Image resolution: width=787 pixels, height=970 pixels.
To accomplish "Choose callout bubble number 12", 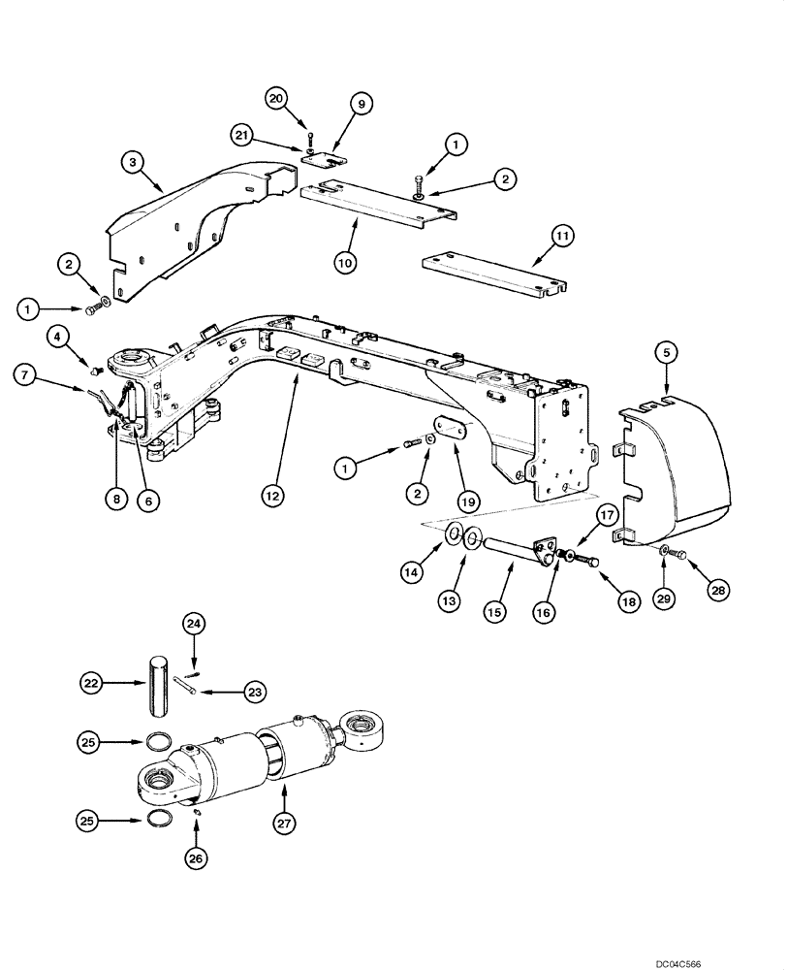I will (x=271, y=496).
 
